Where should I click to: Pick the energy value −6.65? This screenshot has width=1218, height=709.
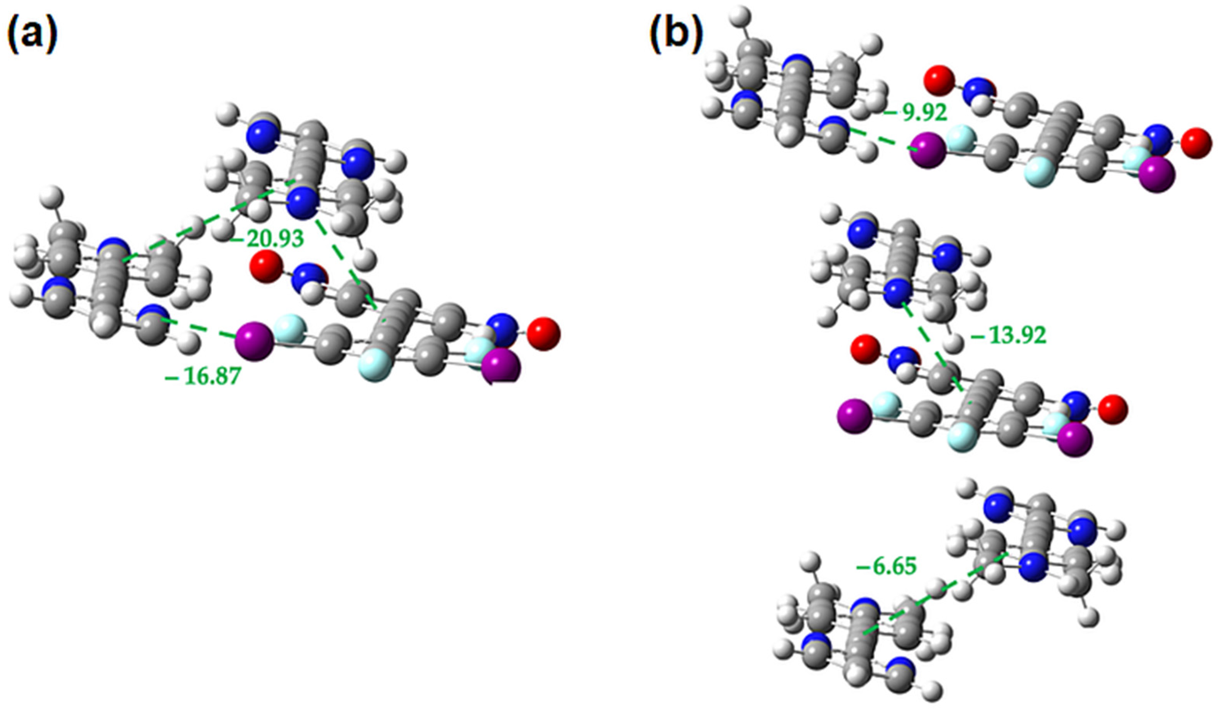pos(886,566)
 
